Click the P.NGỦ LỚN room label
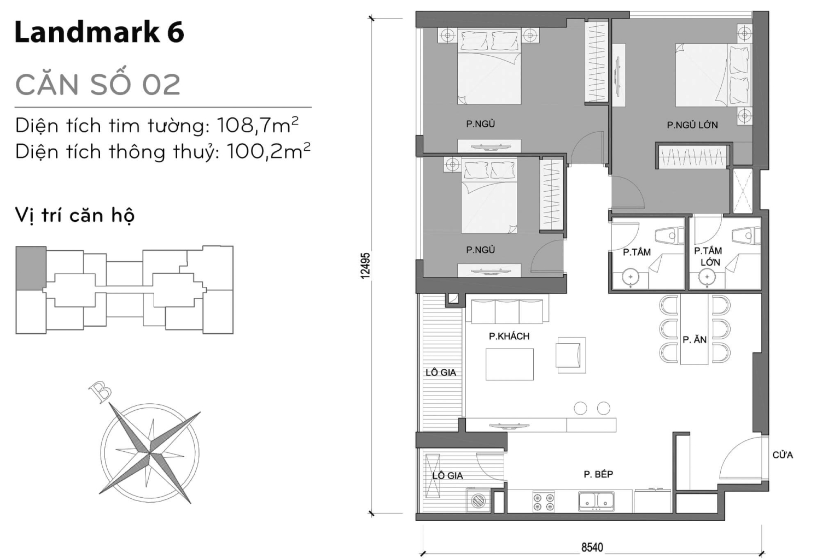coord(692,125)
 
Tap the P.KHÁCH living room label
coord(509,336)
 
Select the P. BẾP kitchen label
coord(598,474)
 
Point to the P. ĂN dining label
coord(695,339)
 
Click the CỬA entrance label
coord(782,455)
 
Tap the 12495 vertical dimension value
coord(366,265)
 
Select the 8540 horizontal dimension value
coord(592,547)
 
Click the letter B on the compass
coord(101,392)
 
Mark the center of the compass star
coord(150,452)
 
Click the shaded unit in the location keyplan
coord(31,268)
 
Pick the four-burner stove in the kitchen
coord(544,502)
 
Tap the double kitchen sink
coord(596,500)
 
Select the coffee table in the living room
coord(509,364)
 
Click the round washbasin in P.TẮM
coord(631,278)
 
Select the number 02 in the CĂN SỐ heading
coord(161,85)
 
